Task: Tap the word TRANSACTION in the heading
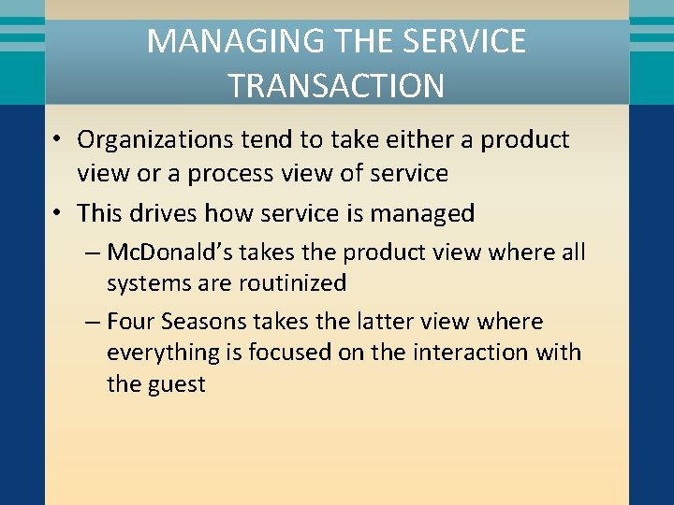coord(336,86)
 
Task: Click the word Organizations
coord(155,140)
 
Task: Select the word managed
coord(422,213)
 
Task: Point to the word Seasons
coord(202,322)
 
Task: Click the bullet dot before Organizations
coord(58,140)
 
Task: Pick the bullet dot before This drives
coord(58,213)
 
